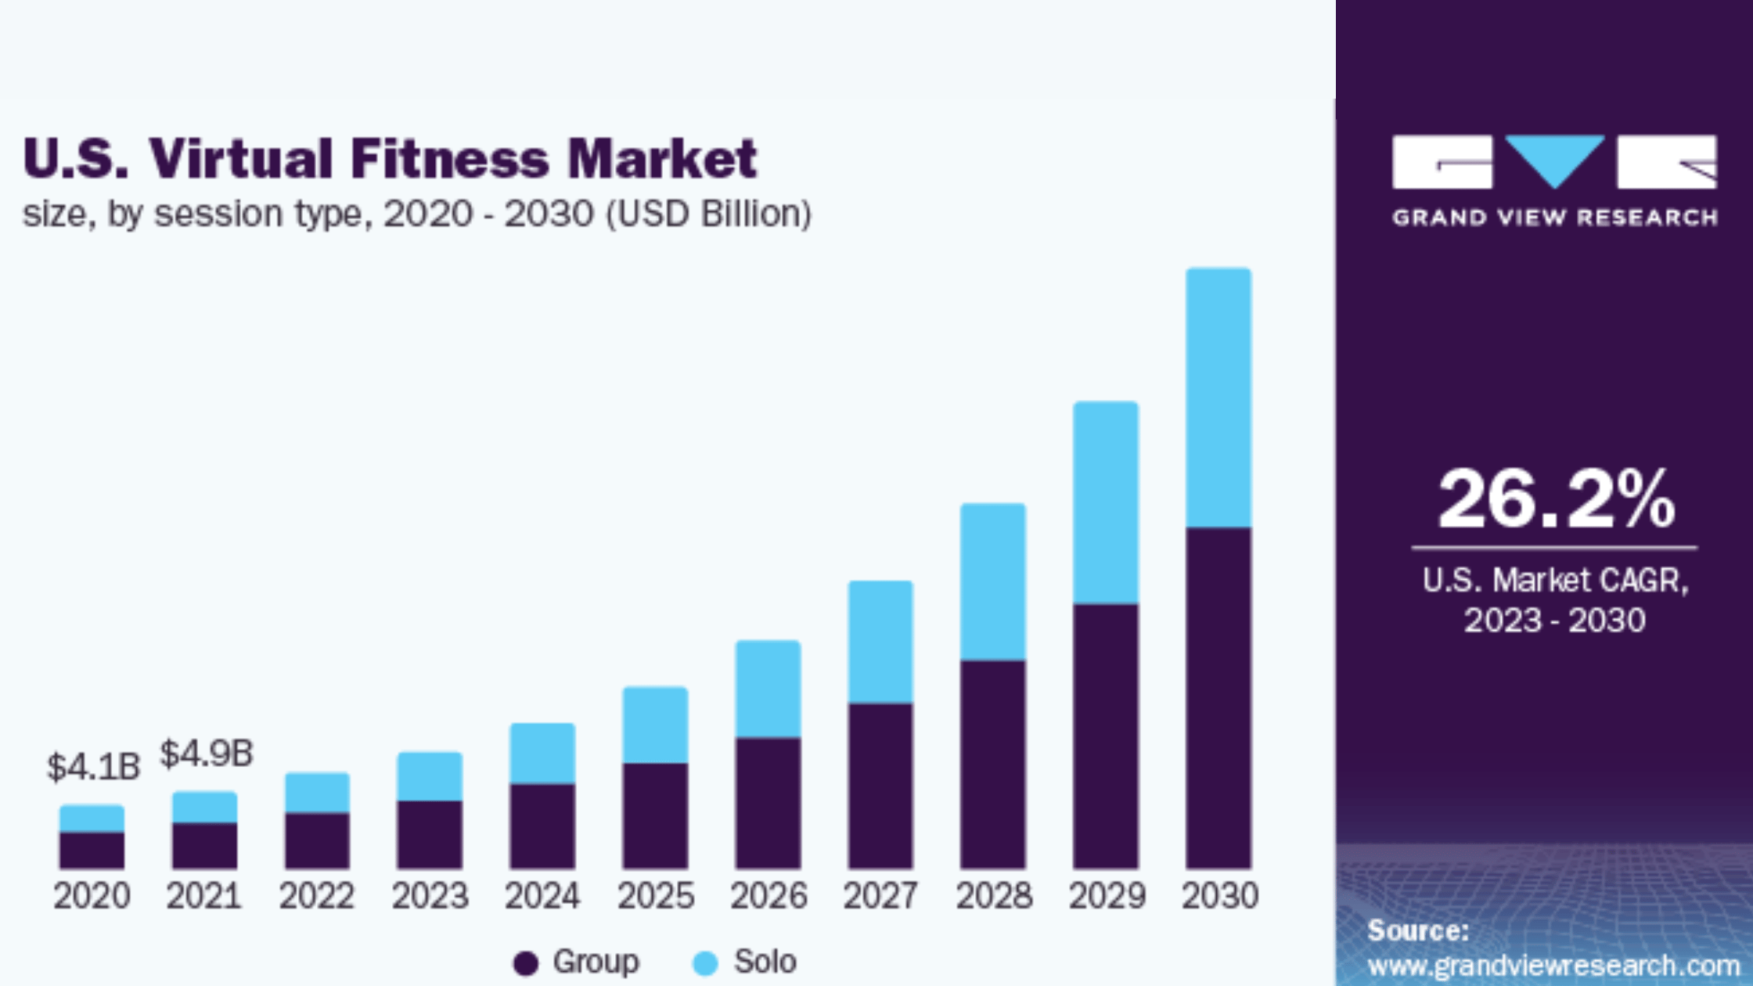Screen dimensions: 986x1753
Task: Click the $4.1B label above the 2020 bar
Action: (x=93, y=767)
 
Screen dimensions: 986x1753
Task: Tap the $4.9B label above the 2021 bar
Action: (x=207, y=754)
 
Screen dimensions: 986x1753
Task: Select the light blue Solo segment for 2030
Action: (x=1218, y=398)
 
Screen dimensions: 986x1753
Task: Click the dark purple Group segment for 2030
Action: (x=1218, y=696)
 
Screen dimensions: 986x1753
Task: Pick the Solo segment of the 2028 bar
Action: (x=993, y=581)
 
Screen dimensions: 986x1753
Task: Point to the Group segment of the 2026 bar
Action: (x=768, y=802)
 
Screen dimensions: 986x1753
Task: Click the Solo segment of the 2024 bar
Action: (x=542, y=753)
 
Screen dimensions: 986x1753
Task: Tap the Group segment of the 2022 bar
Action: (x=317, y=840)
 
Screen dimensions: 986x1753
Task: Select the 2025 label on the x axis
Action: (x=655, y=896)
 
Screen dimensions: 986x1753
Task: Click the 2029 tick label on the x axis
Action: (x=1107, y=896)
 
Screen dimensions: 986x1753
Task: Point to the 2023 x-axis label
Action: (x=430, y=896)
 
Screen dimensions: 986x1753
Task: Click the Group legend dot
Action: (x=526, y=963)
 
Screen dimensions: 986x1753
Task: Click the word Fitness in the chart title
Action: (x=449, y=159)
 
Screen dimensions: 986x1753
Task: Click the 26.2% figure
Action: (x=1556, y=498)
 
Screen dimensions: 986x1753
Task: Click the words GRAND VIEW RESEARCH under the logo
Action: (x=1554, y=218)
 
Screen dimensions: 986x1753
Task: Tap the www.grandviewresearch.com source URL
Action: (x=1553, y=966)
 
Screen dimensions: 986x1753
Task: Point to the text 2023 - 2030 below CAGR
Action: (x=1554, y=621)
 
